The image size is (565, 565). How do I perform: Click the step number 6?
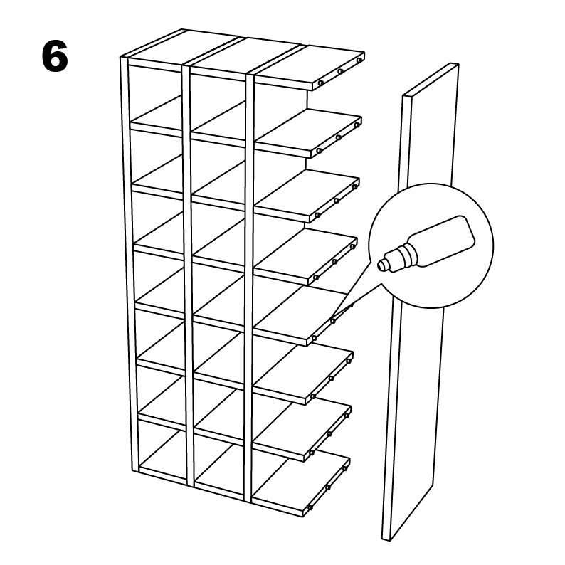point(55,58)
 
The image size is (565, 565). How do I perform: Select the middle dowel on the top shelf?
point(341,71)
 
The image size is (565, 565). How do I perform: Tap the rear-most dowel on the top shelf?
point(361,58)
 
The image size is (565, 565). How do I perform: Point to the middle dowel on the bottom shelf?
point(328,488)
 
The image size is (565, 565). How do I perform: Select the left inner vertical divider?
point(187,278)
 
